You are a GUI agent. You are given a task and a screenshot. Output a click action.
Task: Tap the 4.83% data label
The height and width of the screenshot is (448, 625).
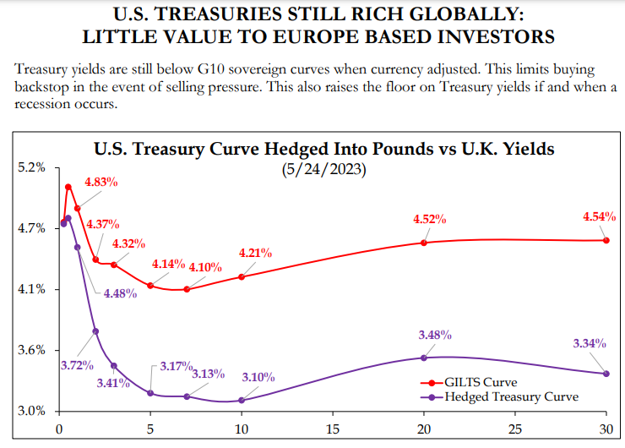[x=101, y=182]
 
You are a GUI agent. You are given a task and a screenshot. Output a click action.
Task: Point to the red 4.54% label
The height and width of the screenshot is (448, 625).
[x=599, y=216]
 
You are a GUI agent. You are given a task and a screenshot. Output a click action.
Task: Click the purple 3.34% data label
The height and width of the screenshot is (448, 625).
[x=590, y=343]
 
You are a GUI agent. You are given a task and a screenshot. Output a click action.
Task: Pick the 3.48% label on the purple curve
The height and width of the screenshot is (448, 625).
[x=436, y=335]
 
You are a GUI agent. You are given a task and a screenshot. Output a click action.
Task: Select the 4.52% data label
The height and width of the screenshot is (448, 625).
[x=429, y=219]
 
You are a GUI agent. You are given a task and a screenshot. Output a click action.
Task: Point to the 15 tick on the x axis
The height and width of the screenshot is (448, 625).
[x=333, y=429]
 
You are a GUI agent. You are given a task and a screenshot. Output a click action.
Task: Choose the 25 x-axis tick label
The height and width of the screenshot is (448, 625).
[x=515, y=429]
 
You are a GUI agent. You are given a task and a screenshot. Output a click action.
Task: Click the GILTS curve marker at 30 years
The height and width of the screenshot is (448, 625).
[x=606, y=241]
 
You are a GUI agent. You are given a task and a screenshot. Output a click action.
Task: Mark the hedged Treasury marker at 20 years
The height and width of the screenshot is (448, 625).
[x=424, y=358]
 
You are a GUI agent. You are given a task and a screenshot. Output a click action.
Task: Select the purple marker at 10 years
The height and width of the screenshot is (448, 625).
[x=242, y=400]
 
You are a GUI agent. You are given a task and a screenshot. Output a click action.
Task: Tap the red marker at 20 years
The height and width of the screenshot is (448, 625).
[x=424, y=243]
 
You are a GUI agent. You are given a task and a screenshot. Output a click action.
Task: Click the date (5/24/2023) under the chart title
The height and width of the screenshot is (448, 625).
[x=323, y=169]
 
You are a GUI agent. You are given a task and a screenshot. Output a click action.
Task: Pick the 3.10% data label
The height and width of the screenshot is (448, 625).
[x=258, y=377]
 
